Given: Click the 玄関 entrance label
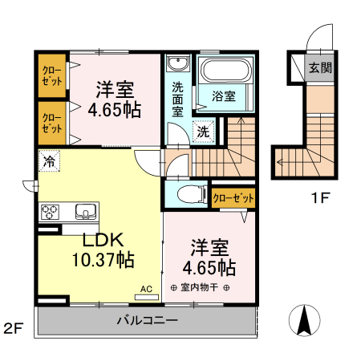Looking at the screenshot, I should point(320,68).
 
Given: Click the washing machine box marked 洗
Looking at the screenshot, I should point(204,131).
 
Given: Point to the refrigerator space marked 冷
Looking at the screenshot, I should point(50,160).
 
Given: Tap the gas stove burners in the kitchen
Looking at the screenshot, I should point(50,213).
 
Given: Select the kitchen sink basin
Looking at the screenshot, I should point(84,212).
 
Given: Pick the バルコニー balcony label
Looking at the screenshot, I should point(147,321).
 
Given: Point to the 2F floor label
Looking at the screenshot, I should point(14,327).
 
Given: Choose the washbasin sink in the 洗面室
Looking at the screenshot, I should point(177,65).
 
